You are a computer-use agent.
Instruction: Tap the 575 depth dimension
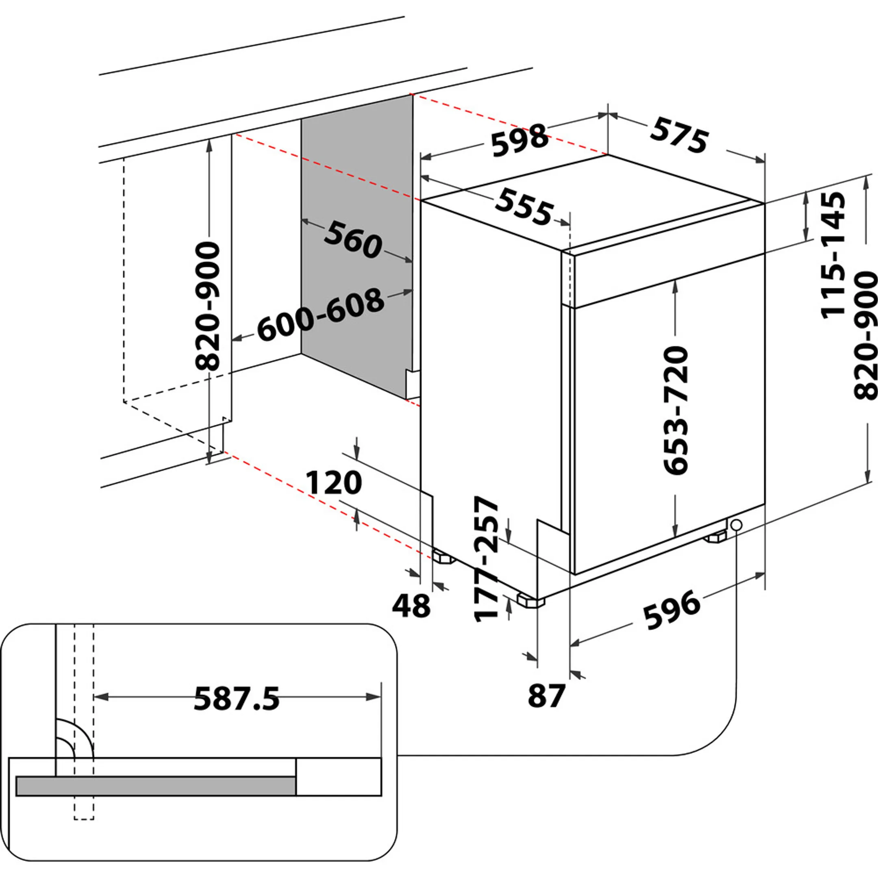pos(679,135)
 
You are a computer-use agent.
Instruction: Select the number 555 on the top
pos(524,207)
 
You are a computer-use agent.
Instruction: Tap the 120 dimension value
pos(334,482)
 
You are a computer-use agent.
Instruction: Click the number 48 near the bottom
pos(411,606)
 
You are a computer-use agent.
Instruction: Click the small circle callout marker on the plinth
pos(737,525)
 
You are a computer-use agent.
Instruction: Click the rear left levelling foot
pos(443,557)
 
